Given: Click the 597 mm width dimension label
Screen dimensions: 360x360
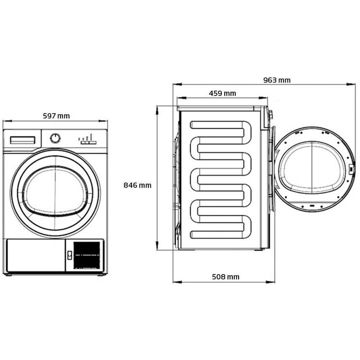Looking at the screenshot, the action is pos(56,116).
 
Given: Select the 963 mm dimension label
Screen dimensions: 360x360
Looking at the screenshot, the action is pos(276,80).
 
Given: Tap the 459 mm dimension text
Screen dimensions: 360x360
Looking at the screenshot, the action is pos(222,94).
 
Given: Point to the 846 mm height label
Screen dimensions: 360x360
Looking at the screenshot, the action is pos(137,185).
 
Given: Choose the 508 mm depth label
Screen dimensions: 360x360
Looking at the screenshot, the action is pos(226,277).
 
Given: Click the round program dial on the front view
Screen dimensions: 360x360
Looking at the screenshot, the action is pos(55,138).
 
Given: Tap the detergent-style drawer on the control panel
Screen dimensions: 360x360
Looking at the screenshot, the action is pos(23,140).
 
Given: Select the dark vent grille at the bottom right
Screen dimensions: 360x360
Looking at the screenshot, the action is pos(86,255).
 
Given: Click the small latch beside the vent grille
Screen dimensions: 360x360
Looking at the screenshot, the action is pos(70,255).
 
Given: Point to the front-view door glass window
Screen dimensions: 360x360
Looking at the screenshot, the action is pos(55,191).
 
